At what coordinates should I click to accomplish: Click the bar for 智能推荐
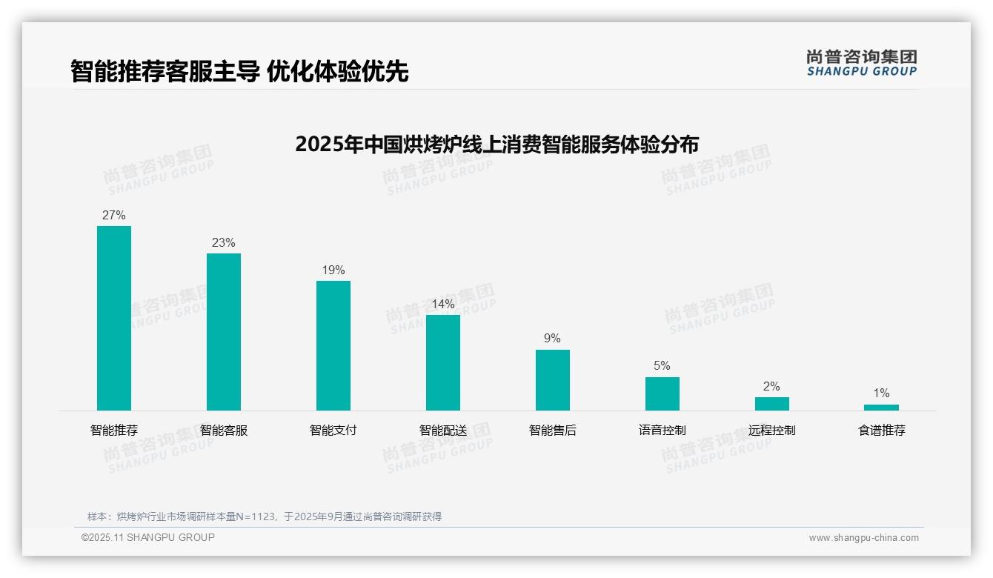pyautogui.click(x=114, y=318)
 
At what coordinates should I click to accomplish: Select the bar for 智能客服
pyautogui.click(x=224, y=332)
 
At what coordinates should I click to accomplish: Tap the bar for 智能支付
pyautogui.click(x=333, y=345)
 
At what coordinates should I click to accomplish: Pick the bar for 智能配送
pyautogui.click(x=443, y=362)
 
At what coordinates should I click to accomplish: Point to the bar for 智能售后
pyautogui.click(x=553, y=380)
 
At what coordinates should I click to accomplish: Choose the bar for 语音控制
pyautogui.click(x=662, y=393)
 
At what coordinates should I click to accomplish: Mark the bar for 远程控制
pyautogui.click(x=772, y=404)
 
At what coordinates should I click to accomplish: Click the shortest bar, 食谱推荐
pyautogui.click(x=881, y=408)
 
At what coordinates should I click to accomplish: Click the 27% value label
pyautogui.click(x=114, y=216)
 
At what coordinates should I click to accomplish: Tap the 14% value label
pyautogui.click(x=443, y=305)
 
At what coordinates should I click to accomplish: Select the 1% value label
pyautogui.click(x=881, y=393)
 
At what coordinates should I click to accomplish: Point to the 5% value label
pyautogui.click(x=662, y=366)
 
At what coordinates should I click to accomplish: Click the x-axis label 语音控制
pyautogui.click(x=662, y=431)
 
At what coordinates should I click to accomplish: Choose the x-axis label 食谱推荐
pyautogui.click(x=881, y=431)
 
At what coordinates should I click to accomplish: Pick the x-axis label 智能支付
pyautogui.click(x=333, y=431)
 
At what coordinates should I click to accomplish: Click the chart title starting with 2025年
pyautogui.click(x=496, y=144)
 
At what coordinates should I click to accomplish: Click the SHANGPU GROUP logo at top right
pyautogui.click(x=861, y=63)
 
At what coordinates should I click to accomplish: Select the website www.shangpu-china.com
pyautogui.click(x=863, y=538)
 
